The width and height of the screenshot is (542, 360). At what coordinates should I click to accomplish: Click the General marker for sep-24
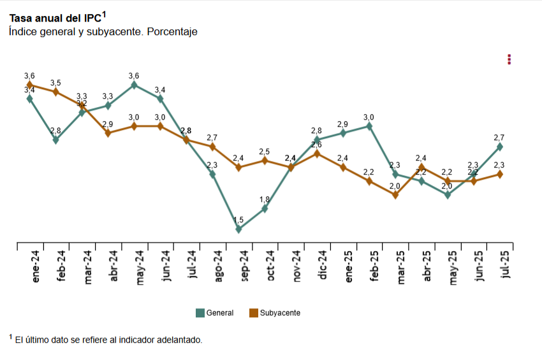238,229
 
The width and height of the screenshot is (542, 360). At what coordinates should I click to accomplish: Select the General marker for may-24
134,85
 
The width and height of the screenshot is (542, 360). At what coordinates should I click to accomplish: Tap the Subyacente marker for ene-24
30,85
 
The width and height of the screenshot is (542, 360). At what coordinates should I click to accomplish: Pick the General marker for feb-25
369,126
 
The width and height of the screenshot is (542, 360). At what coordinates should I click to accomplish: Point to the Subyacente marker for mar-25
395,195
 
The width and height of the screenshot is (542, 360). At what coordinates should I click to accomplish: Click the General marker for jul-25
500,147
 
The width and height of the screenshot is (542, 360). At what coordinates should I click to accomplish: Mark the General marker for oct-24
265,208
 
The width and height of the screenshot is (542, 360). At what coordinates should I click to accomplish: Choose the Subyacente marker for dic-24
317,154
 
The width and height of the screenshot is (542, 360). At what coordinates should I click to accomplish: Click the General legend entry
214,313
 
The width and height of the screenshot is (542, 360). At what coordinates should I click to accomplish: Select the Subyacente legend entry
275,313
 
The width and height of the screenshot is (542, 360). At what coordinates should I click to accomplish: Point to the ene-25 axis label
348,267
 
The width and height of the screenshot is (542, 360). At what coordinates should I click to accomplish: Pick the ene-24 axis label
36,267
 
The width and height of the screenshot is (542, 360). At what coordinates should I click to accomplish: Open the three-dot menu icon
509,59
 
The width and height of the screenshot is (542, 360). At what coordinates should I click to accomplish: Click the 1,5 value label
238,220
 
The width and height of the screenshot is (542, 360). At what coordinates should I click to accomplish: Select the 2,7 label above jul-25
499,138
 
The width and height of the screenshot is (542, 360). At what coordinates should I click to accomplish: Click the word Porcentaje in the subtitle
172,31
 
